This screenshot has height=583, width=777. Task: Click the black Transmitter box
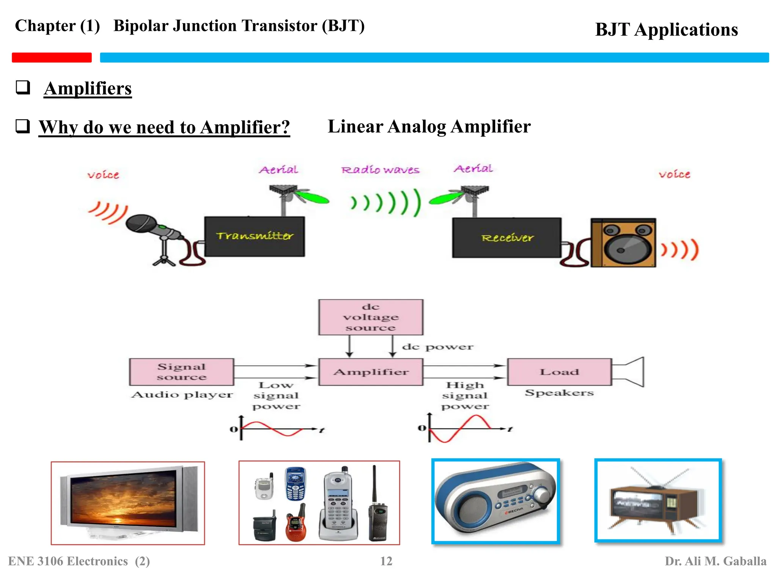[x=254, y=236]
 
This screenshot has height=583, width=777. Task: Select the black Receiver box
[x=506, y=238]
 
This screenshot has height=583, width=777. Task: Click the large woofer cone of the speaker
[x=626, y=248]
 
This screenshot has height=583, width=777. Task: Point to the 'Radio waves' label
[x=380, y=170]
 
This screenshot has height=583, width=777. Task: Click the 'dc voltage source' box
[x=371, y=317]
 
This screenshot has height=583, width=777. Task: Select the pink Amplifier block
[x=371, y=372]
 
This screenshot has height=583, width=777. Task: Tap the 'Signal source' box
[x=181, y=372]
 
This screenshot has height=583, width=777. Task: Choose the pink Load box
[x=559, y=372]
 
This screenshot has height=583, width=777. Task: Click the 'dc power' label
[x=437, y=347]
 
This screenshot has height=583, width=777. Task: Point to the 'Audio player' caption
[x=182, y=395]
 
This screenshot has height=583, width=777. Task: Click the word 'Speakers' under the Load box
[x=559, y=393]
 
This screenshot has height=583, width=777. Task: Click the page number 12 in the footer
[x=386, y=561]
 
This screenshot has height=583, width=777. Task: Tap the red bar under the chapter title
[x=52, y=57]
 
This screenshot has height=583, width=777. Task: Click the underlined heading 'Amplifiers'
[x=88, y=88]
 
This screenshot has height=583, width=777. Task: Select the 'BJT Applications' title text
[x=666, y=30]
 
